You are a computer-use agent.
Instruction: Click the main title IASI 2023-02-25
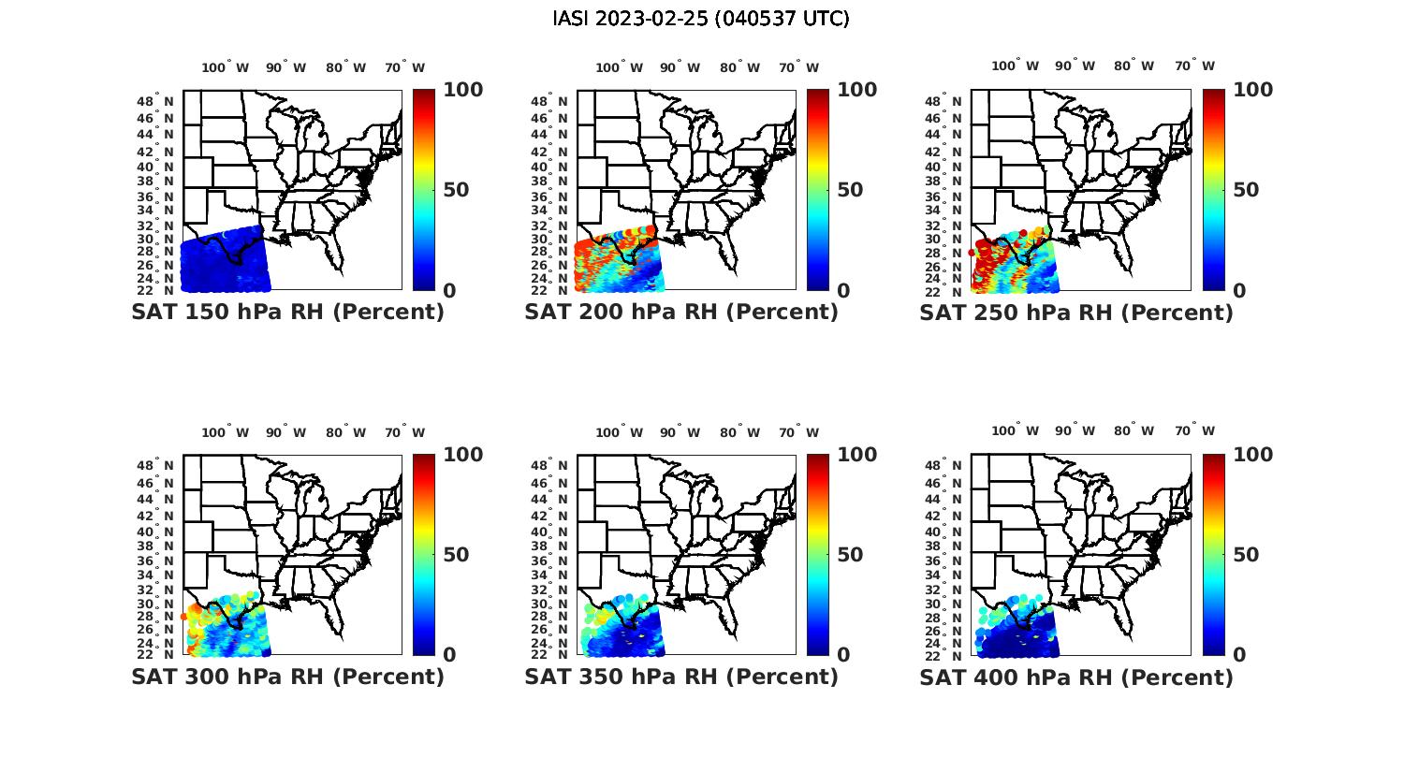tap(701, 19)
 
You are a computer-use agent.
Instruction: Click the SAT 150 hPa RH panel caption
tap(287, 313)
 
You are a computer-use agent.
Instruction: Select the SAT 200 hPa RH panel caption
tap(681, 313)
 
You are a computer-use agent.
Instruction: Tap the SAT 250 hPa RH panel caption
tap(1076, 313)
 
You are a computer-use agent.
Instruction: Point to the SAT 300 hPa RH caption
tap(287, 677)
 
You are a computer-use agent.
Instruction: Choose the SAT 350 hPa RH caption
tap(681, 677)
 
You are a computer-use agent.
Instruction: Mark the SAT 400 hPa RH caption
tap(1076, 677)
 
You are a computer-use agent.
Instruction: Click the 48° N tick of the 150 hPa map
tap(155, 101)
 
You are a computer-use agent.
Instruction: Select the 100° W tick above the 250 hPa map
tap(1016, 66)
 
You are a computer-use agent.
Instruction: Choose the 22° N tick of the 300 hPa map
tap(155, 654)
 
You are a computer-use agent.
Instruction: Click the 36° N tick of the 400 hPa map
tap(943, 561)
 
